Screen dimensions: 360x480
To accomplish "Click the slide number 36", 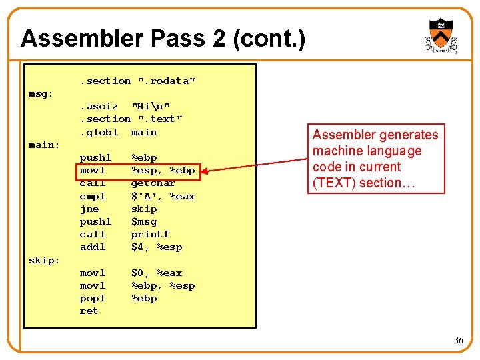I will click(x=458, y=340).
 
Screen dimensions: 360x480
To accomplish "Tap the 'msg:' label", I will click(x=41, y=93).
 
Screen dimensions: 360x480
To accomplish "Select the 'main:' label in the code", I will click(x=45, y=145).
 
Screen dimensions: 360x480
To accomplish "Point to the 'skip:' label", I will click(x=45, y=260).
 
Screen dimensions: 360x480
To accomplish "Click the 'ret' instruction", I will click(x=89, y=311).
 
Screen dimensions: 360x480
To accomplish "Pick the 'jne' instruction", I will click(x=89, y=209).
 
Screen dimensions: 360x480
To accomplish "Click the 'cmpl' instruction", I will click(x=93, y=196).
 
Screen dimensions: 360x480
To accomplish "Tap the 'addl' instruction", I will click(x=93, y=247).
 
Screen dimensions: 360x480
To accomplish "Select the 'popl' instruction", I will click(x=93, y=298).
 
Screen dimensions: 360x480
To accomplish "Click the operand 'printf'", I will click(x=150, y=234).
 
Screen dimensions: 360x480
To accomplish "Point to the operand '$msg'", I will click(x=144, y=221).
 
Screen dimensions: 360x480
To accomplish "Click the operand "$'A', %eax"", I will click(x=163, y=196).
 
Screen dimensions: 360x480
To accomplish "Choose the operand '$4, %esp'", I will click(x=157, y=247).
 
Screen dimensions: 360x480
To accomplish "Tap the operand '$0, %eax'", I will click(x=157, y=273).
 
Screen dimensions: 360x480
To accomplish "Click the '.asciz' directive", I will click(x=99, y=106).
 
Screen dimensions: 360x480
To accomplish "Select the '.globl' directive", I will click(x=99, y=132).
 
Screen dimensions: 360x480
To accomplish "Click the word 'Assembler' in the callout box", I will click(x=342, y=135).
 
